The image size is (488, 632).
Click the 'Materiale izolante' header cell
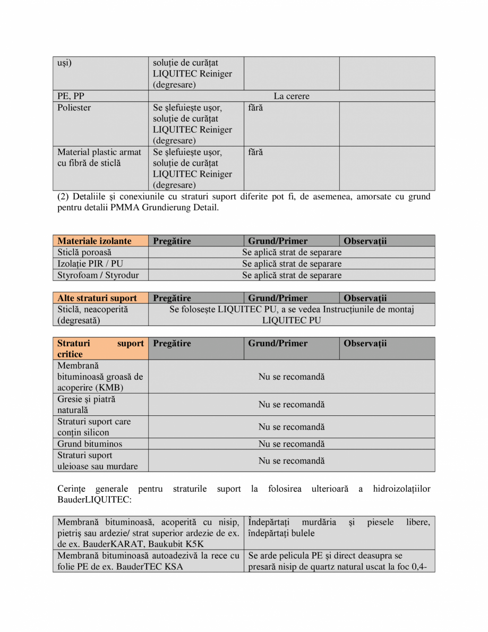(x=95, y=241)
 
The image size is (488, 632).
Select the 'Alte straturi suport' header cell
(x=97, y=298)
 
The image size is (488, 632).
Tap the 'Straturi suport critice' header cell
(x=100, y=348)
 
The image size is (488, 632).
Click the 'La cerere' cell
(x=292, y=96)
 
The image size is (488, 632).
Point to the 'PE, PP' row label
(x=71, y=96)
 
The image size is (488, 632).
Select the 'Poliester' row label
(x=74, y=108)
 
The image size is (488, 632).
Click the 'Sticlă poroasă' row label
(x=84, y=252)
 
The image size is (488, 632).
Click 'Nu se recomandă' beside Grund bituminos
(x=292, y=444)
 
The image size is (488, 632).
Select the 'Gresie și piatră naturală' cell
(x=87, y=405)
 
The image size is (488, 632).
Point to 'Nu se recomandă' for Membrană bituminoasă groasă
(x=292, y=377)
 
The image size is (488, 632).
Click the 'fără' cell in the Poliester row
(x=255, y=108)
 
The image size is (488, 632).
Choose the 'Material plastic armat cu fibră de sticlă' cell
(x=99, y=158)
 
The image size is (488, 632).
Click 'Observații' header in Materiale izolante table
(x=365, y=241)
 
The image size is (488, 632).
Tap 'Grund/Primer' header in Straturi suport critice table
(x=278, y=344)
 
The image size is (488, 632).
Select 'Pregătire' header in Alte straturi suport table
(x=172, y=298)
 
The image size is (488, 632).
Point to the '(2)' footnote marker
(x=63, y=197)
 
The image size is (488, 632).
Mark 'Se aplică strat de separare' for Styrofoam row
(x=292, y=275)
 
